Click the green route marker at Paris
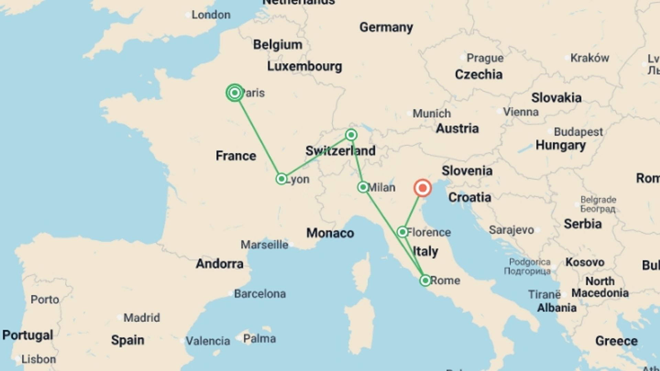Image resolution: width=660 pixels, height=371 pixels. tap(235, 93)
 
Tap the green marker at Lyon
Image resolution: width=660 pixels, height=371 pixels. tap(282, 179)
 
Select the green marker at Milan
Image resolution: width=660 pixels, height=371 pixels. tap(363, 187)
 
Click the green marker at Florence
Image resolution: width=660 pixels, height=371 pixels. tap(403, 232)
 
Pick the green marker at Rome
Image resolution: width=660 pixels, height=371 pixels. tap(425, 281)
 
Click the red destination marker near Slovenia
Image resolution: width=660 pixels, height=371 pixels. tap(422, 188)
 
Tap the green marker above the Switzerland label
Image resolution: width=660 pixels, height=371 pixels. tap(351, 135)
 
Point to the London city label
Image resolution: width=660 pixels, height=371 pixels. tap(211, 15)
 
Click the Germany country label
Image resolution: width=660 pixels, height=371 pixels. tap(386, 27)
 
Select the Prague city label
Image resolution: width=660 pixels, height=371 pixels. tap(485, 58)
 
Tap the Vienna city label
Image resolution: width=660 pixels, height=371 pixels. tap(520, 112)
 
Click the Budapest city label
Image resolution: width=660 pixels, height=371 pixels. tap(578, 132)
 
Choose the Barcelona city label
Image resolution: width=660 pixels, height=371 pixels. tap(260, 294)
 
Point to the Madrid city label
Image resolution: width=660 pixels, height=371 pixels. tap(142, 318)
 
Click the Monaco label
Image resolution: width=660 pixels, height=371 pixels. tap(330, 233)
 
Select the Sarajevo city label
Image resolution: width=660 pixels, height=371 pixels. tap(511, 230)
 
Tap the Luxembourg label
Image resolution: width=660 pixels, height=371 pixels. tap(305, 66)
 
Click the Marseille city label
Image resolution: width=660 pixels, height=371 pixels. tap(264, 245)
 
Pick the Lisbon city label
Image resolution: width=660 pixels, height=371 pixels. tap(38, 359)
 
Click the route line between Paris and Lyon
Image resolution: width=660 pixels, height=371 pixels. tap(258, 136)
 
